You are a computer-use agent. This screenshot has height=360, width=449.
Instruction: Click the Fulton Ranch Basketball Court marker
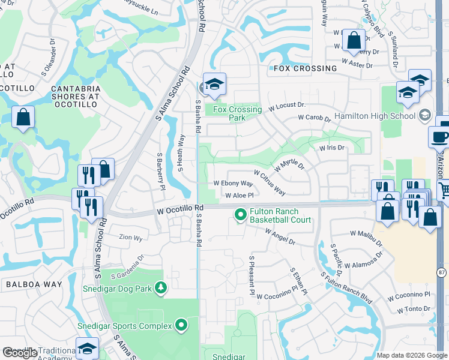(241, 214)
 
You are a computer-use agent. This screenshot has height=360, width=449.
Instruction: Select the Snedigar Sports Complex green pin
(181, 326)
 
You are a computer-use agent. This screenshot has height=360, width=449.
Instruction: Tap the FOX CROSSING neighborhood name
(305, 68)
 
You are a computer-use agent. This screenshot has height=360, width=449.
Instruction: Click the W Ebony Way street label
(234, 184)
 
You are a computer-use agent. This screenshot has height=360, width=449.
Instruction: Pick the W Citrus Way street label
(270, 182)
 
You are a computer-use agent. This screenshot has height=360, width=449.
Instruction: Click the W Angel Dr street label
(280, 236)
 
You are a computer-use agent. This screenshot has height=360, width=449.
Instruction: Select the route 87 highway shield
(442, 272)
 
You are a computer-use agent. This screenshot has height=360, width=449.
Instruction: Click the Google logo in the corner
(20, 353)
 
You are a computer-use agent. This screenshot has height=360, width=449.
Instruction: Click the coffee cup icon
(440, 136)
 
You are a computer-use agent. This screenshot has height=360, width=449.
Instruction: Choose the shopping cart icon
(444, 191)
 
